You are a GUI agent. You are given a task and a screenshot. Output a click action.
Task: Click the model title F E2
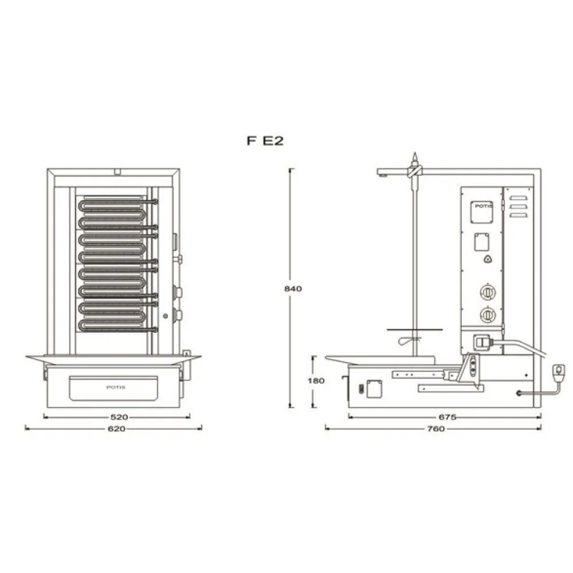pos(265,142)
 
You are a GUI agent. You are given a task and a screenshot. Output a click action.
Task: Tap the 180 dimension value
pos(312,380)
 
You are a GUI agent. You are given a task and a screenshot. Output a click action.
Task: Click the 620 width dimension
pos(116,428)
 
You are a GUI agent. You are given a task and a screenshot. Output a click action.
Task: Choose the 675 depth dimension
pos(447,417)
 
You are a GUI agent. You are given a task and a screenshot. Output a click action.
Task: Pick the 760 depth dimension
pos(435,429)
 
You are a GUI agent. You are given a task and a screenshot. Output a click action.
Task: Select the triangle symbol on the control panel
pos(488,260)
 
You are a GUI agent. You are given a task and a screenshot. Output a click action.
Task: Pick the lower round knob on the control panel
pos(487,314)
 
